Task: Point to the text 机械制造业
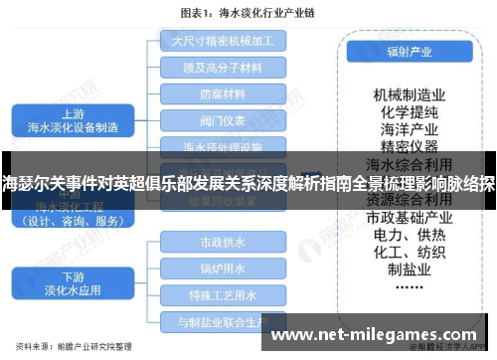tap(408, 94)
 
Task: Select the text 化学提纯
tap(408, 111)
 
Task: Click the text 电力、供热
tap(408, 235)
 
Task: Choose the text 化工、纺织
tap(408, 253)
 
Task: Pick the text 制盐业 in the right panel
tap(408, 270)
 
